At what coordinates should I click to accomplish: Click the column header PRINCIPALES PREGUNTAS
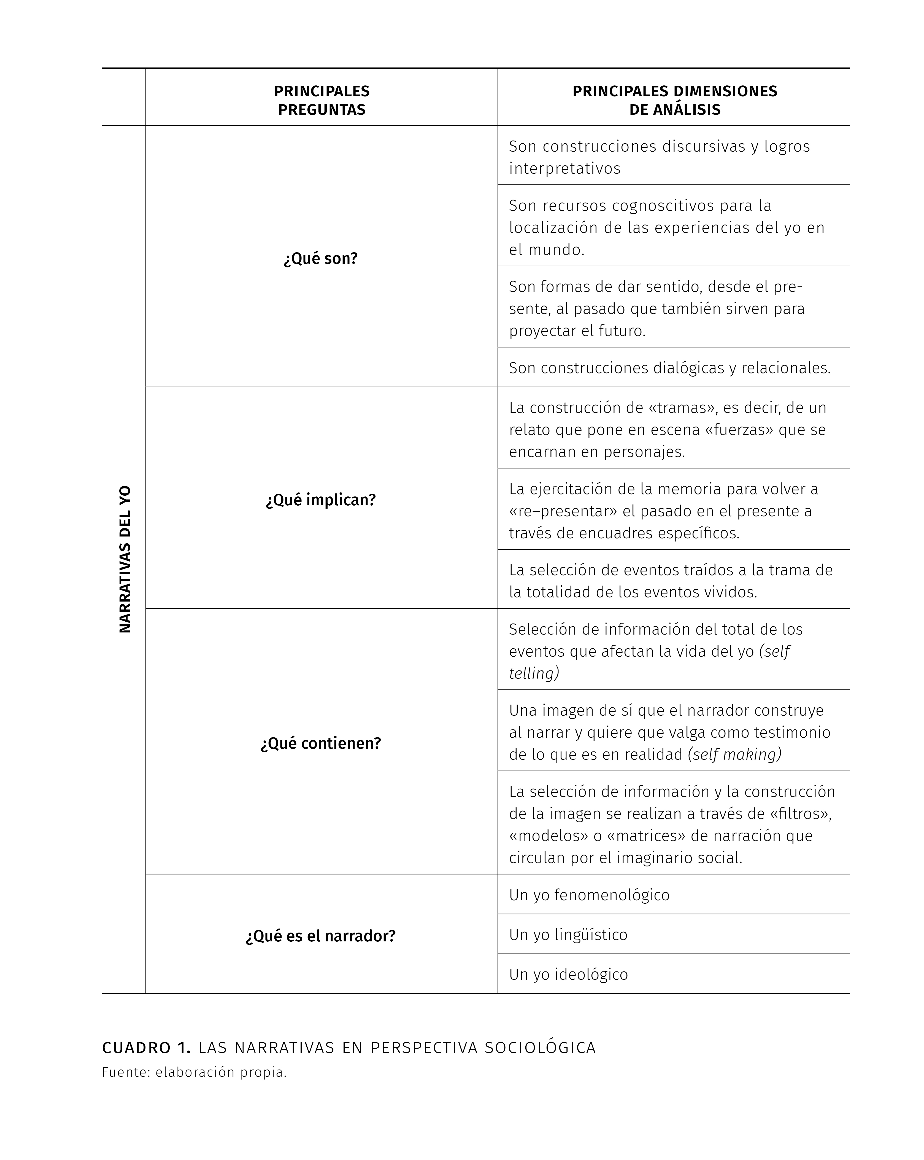[x=321, y=100]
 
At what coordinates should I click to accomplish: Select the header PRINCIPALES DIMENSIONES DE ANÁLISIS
[x=674, y=100]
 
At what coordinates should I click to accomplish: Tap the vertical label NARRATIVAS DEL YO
[x=125, y=560]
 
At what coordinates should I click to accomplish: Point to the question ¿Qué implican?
[x=321, y=500]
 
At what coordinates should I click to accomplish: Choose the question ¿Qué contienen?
[x=321, y=743]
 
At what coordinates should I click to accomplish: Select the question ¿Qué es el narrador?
[x=321, y=936]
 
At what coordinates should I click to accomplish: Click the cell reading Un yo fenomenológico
[x=589, y=895]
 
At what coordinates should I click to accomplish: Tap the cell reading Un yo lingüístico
[x=568, y=935]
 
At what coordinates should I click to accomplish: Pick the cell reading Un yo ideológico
[x=568, y=974]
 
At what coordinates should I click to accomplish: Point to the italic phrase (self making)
[x=735, y=754]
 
